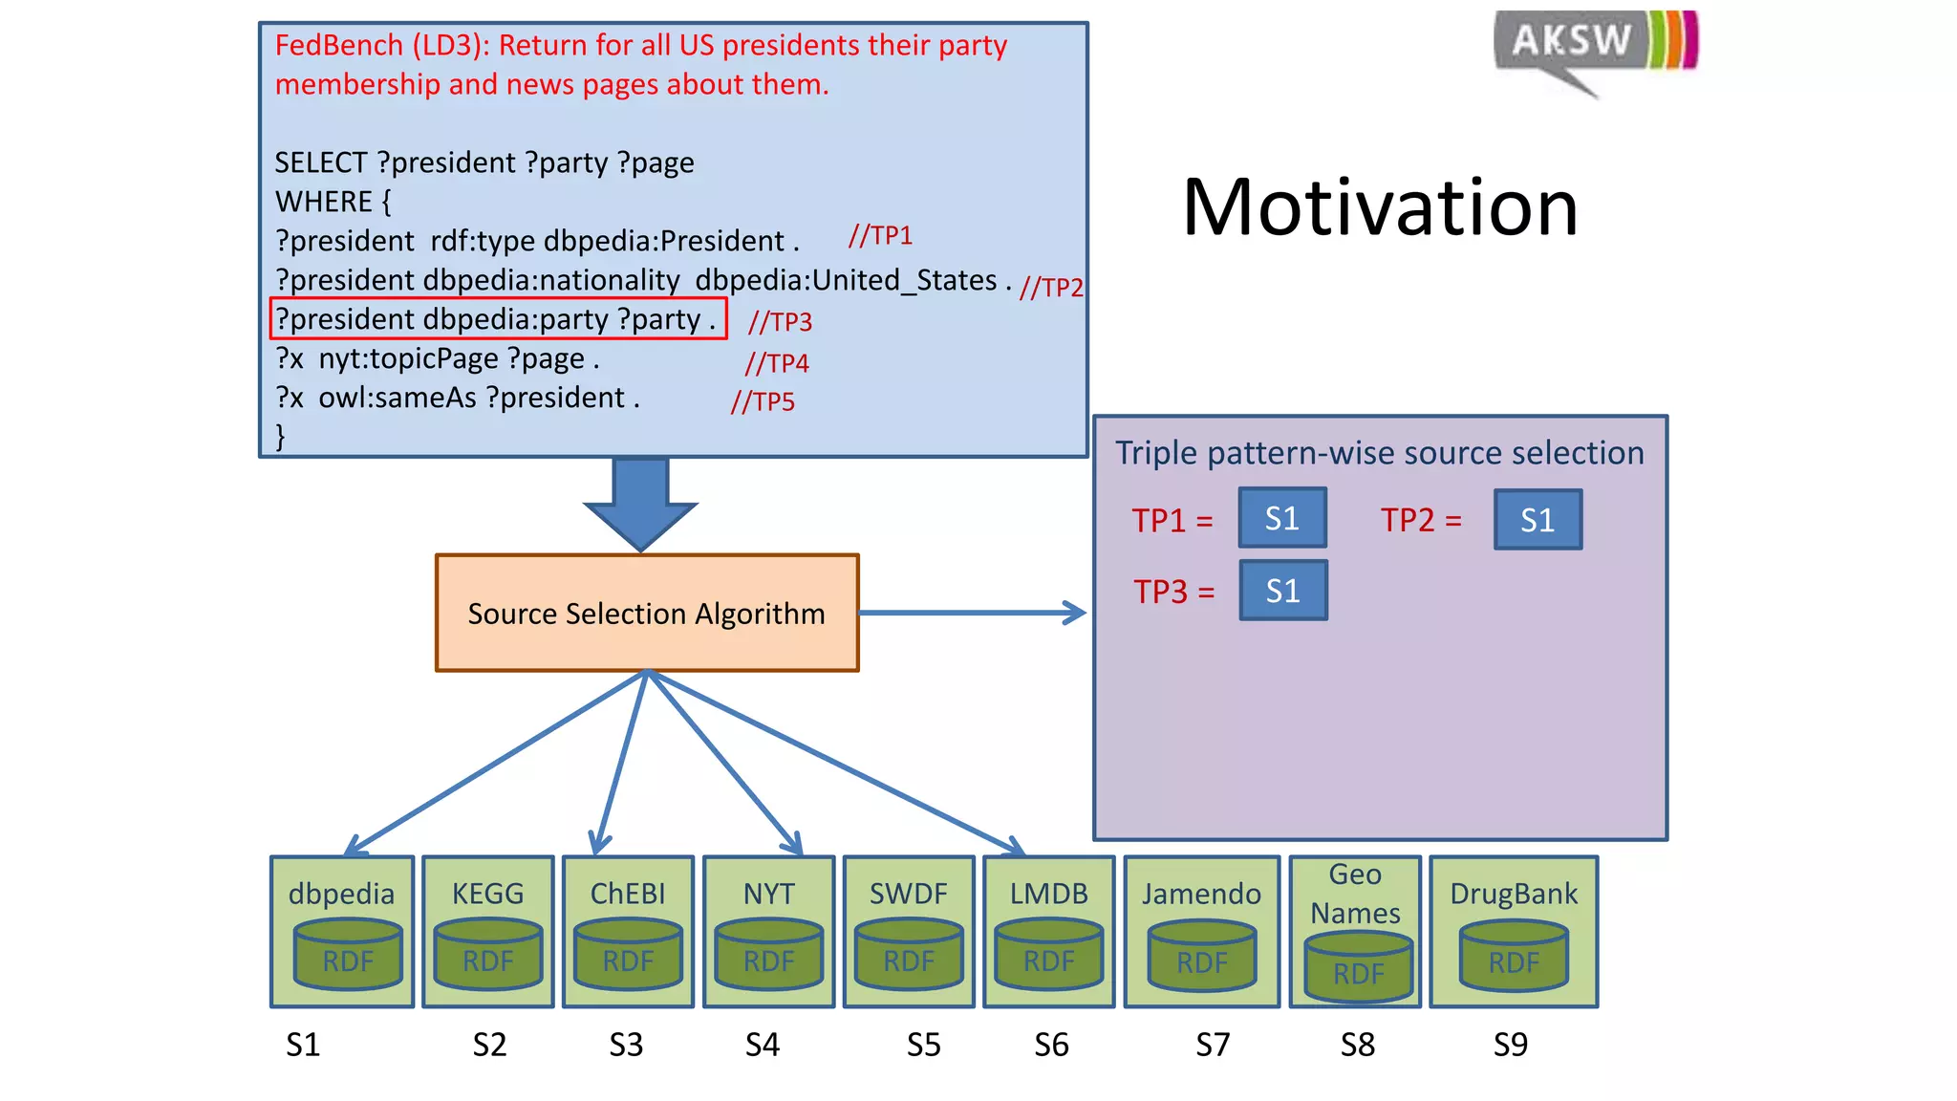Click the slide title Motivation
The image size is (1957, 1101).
pos(1380,207)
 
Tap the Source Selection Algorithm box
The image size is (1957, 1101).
pos(647,613)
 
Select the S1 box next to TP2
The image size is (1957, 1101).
pos(1538,520)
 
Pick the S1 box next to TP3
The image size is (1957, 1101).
pos(1282,591)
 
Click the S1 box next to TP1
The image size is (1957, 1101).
pos(1281,518)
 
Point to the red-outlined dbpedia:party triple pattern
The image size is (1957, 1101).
pos(498,318)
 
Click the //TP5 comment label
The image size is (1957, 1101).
pos(763,401)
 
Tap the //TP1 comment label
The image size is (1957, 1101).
pos(880,235)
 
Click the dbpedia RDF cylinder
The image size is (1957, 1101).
pos(347,955)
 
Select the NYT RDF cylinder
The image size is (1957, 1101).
pos(768,955)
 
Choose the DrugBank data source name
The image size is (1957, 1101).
pos(1514,894)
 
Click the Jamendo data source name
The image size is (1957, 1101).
pos(1201,894)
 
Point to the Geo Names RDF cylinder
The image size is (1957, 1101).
pos(1358,967)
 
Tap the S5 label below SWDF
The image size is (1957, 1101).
pos(923,1045)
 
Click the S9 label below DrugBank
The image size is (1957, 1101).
pos(1510,1045)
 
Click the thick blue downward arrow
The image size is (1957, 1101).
pos(640,502)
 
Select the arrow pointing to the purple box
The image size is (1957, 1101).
pos(973,613)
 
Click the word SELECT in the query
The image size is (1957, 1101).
pos(321,162)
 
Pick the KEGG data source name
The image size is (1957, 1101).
pos(487,894)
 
